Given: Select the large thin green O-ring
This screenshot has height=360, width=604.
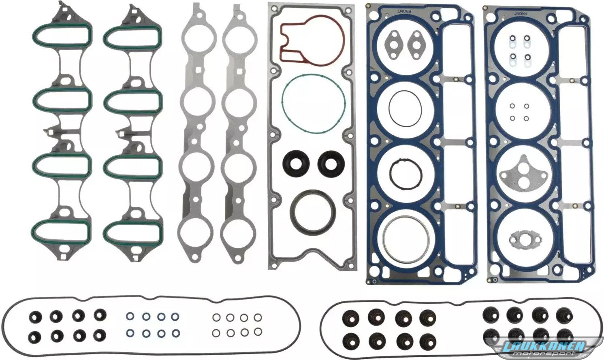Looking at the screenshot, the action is [282, 105].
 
